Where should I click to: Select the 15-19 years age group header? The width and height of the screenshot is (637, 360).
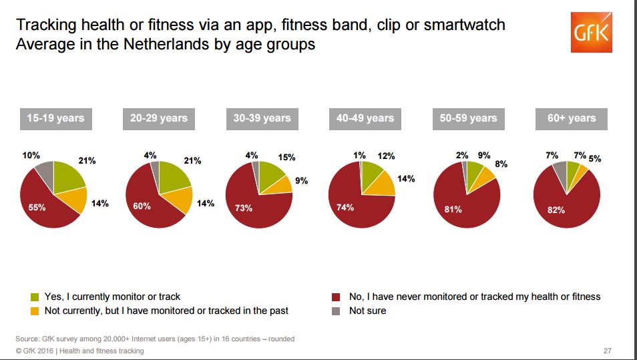click(x=55, y=118)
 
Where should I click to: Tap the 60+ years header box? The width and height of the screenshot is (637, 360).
click(x=571, y=118)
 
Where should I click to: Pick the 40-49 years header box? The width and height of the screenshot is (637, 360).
click(x=365, y=118)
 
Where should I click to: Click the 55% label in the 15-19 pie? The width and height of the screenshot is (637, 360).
click(x=37, y=208)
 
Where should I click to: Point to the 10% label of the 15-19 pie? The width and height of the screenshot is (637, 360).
click(x=31, y=156)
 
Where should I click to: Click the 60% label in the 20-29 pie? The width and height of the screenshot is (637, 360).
click(x=142, y=206)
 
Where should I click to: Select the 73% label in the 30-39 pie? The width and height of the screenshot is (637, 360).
click(x=244, y=208)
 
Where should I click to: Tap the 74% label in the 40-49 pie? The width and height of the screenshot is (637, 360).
click(x=345, y=207)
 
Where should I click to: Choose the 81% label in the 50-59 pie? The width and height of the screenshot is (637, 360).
click(x=453, y=209)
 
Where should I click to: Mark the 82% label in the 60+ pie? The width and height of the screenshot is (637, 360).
click(x=556, y=210)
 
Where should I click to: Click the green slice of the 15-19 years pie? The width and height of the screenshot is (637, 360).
click(x=68, y=176)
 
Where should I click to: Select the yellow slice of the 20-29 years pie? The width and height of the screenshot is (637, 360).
click(x=180, y=198)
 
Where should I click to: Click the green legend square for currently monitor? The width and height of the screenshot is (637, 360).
click(x=35, y=297)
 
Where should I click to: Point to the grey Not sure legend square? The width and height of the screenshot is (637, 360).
click(x=335, y=311)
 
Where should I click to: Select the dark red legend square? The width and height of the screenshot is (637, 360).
click(x=335, y=297)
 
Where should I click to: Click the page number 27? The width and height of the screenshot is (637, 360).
click(x=607, y=351)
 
